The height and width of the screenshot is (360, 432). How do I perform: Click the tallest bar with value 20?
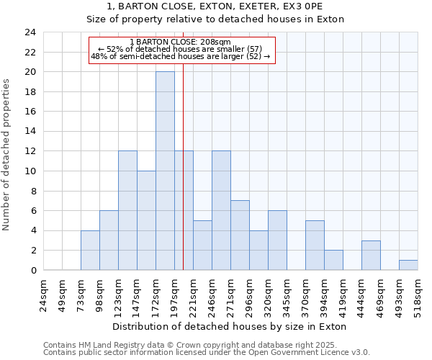point(165,171)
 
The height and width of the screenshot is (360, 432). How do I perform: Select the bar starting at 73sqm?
point(90,251)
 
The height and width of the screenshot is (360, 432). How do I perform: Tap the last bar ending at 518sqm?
point(408,265)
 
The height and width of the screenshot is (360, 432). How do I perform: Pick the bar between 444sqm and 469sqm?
point(371,256)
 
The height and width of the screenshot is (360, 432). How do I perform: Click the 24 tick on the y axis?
point(30,32)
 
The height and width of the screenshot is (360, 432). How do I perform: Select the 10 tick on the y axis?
point(30,171)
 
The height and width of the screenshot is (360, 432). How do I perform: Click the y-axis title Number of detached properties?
point(7,155)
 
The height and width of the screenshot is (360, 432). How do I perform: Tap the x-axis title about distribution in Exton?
point(230,326)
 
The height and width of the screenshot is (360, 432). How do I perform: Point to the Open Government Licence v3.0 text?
point(317,353)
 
